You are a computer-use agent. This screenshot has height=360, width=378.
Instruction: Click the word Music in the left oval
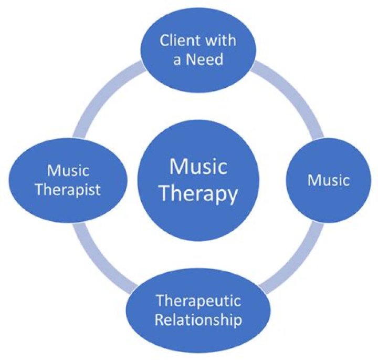click(68, 171)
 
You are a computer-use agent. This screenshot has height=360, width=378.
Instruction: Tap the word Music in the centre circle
click(198, 167)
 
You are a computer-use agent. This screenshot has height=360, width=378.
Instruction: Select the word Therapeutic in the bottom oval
click(198, 301)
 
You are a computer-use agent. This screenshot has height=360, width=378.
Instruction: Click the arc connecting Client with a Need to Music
click(294, 97)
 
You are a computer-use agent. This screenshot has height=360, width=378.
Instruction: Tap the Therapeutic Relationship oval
click(198, 336)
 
